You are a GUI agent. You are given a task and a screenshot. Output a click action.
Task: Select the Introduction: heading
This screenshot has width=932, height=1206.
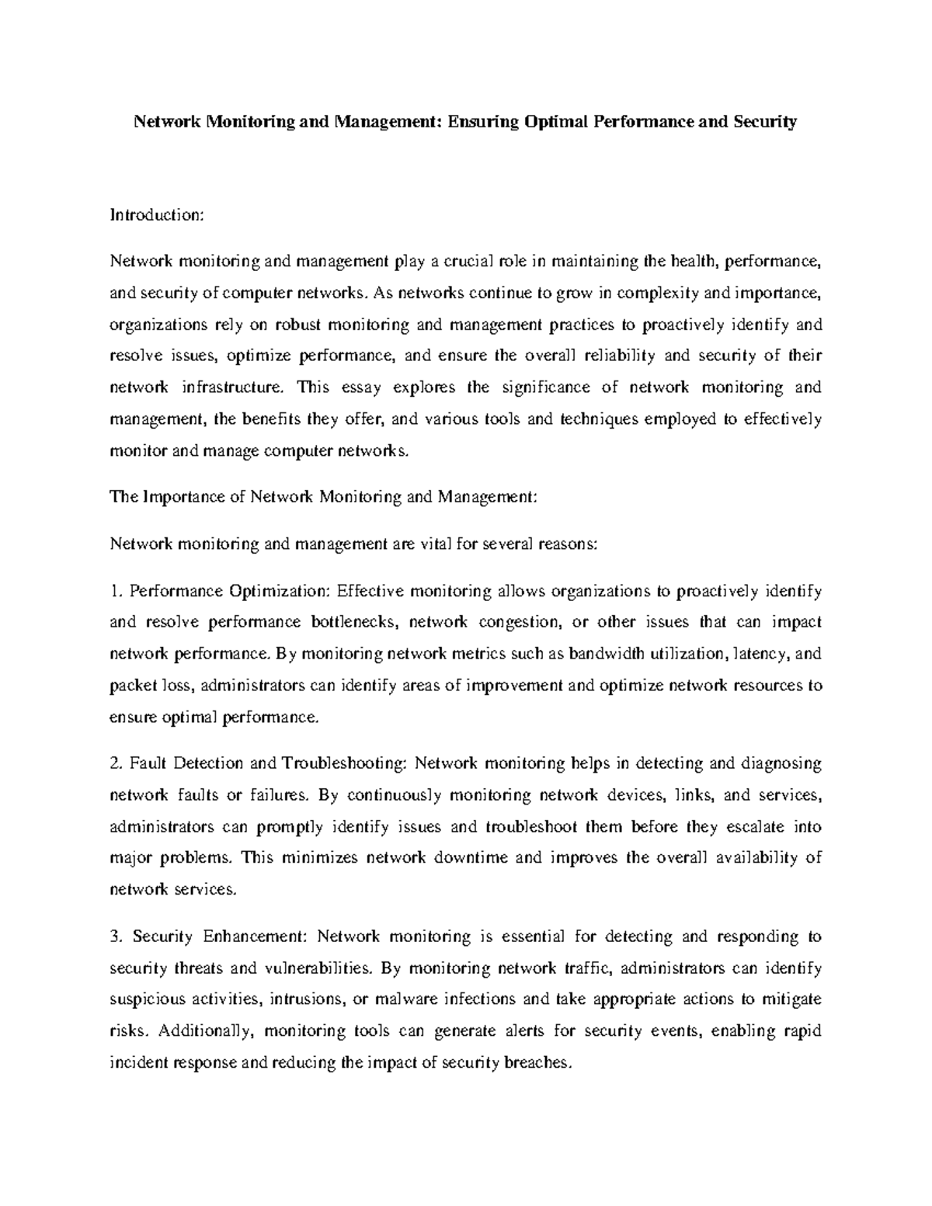156,214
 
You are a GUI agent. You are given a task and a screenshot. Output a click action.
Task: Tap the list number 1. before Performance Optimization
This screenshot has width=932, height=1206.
116,592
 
